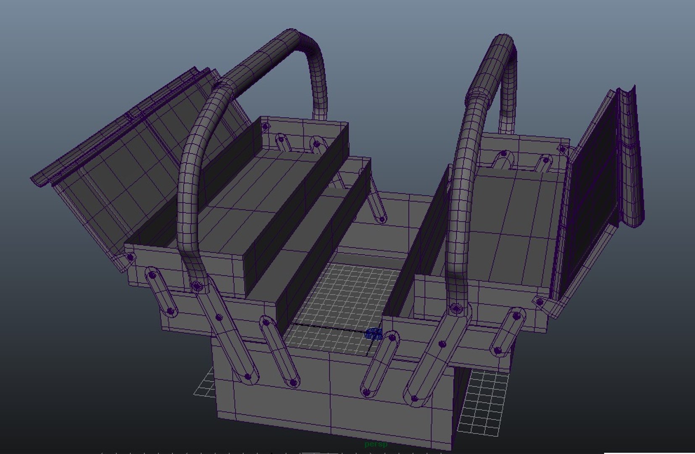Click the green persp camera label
[376, 444]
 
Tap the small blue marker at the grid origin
[374, 334]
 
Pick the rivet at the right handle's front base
[456, 309]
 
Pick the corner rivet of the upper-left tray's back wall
[265, 126]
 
